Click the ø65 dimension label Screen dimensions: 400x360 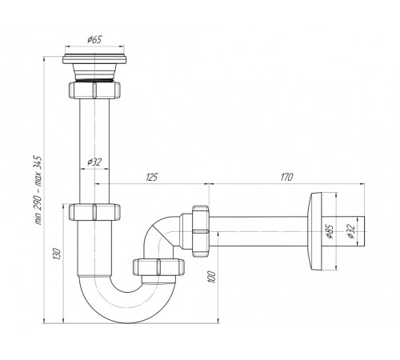(x=94, y=40)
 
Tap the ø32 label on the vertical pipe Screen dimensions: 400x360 (x=94, y=162)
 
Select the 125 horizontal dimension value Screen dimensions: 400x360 (x=152, y=177)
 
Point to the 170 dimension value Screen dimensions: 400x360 (x=287, y=177)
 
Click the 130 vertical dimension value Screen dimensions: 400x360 (x=58, y=254)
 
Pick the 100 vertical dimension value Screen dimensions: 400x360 (x=212, y=278)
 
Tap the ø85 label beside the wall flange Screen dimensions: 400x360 (x=330, y=231)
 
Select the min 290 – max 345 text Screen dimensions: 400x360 (x=38, y=190)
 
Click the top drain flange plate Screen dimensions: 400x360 (x=94, y=59)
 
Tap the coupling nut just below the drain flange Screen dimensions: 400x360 (x=94, y=90)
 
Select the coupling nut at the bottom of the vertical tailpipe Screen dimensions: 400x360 (x=94, y=212)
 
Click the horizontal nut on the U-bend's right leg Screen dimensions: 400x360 (x=158, y=266)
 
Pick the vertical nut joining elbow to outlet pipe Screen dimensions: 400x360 (x=200, y=231)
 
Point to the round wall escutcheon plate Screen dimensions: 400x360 (x=314, y=231)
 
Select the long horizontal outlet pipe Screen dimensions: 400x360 (x=258, y=231)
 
